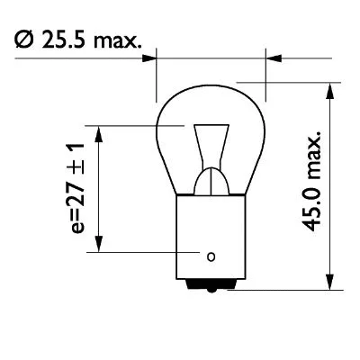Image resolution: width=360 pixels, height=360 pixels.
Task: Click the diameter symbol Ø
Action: (x=24, y=39)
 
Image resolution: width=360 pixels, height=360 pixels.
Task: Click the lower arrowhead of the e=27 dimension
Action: (x=102, y=251)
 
